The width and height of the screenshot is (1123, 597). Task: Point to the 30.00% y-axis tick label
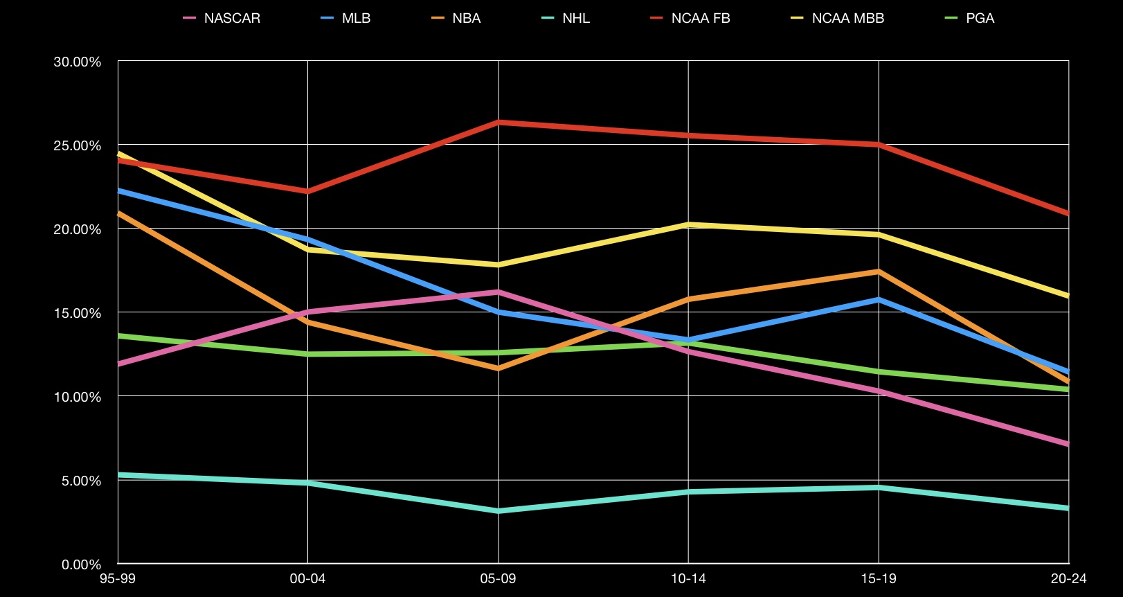(x=77, y=62)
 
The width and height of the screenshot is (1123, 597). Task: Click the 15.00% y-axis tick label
(x=77, y=313)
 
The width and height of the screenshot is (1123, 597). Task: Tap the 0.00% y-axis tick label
(x=81, y=564)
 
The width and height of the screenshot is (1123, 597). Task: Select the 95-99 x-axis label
(x=118, y=579)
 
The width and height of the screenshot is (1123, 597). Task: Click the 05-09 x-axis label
(x=498, y=579)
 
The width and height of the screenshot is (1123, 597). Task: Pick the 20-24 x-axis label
(x=1068, y=579)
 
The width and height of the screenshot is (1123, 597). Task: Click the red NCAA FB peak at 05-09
(x=498, y=122)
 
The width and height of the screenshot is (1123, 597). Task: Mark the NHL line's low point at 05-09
(x=498, y=511)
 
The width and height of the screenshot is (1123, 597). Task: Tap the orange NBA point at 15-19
(x=879, y=271)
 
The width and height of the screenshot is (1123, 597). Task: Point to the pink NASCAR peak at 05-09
(x=498, y=292)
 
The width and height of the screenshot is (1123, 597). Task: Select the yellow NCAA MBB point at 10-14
(x=688, y=224)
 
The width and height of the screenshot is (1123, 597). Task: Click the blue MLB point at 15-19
(x=879, y=299)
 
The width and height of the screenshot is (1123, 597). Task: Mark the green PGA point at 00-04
(x=307, y=354)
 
